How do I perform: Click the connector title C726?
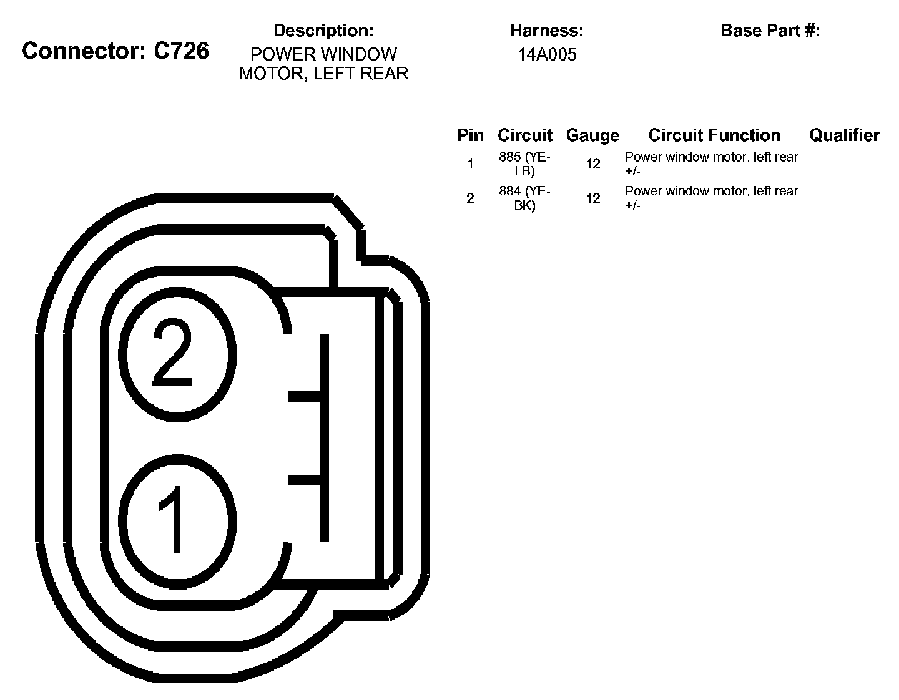click(115, 51)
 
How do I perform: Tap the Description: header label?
click(323, 30)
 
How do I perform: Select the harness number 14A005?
click(547, 55)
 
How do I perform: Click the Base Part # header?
click(770, 30)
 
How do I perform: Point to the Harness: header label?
click(546, 30)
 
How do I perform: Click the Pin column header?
click(470, 135)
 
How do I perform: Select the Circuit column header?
click(524, 135)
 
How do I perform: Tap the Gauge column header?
click(592, 135)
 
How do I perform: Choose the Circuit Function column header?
click(714, 135)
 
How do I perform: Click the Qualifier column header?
click(844, 135)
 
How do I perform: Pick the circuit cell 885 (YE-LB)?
click(524, 164)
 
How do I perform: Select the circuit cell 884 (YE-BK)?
click(524, 198)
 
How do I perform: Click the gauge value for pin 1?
click(593, 164)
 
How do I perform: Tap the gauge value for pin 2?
click(593, 198)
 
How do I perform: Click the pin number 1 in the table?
click(470, 164)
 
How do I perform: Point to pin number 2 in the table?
click(470, 198)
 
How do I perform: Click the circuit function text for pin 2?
click(711, 198)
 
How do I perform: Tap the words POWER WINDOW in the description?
click(323, 54)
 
